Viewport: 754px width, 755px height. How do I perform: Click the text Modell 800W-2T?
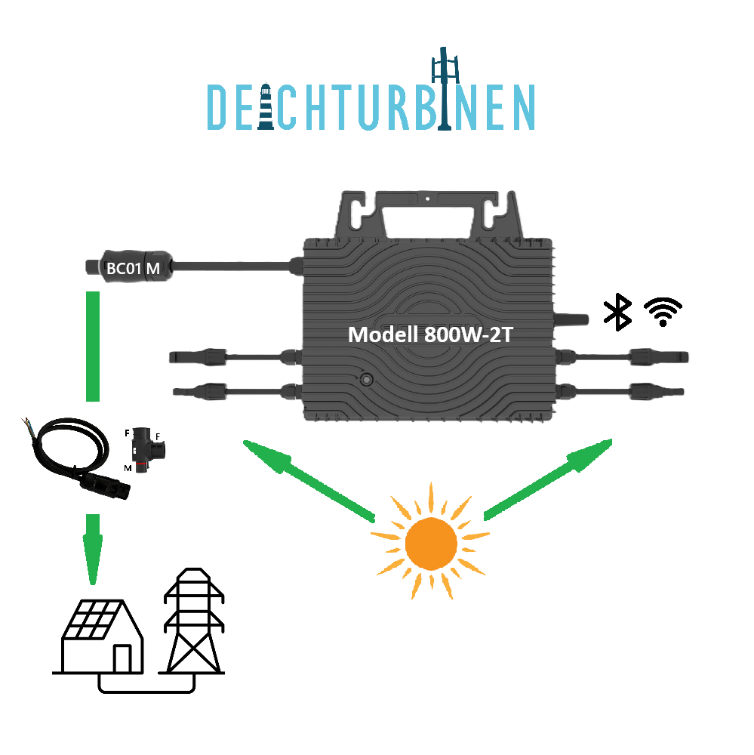(430, 334)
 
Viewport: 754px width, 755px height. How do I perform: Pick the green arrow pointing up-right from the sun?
(548, 479)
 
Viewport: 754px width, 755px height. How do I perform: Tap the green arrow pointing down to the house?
(93, 547)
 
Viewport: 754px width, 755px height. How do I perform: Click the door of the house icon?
(120, 660)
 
